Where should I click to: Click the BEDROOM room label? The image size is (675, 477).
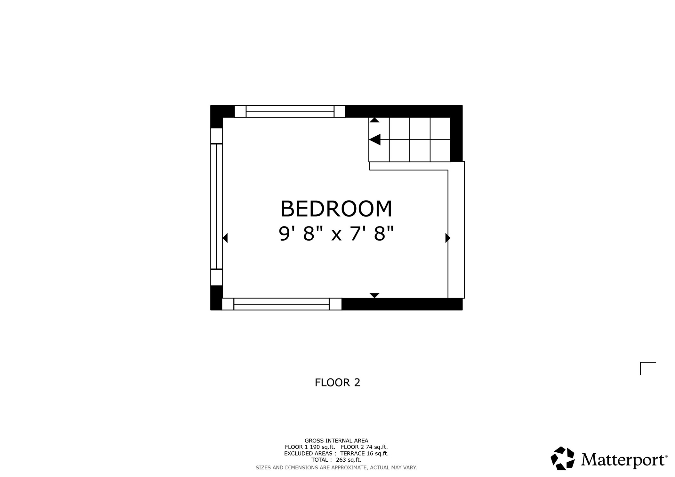(336, 209)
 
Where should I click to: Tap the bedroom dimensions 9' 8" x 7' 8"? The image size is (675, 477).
(336, 234)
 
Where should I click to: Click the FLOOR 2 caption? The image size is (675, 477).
(337, 383)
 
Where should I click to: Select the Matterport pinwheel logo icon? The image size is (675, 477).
(562, 458)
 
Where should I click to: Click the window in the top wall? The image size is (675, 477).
(290, 111)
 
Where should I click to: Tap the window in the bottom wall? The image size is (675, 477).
(282, 304)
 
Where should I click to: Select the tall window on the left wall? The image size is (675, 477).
(216, 207)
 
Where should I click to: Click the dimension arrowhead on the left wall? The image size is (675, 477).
(225, 238)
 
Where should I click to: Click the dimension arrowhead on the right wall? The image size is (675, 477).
(448, 238)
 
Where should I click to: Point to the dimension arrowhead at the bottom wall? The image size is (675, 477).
(374, 296)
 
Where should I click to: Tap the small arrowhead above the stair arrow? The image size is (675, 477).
(374, 120)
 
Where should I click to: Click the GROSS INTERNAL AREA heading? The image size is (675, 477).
(336, 441)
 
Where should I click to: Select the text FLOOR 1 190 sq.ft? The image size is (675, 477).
(310, 447)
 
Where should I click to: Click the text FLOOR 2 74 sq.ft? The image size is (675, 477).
(364, 447)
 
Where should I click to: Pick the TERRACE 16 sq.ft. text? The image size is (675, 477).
(364, 453)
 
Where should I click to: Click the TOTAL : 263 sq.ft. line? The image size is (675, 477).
(336, 460)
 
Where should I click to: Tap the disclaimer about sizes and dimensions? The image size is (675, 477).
(336, 467)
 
